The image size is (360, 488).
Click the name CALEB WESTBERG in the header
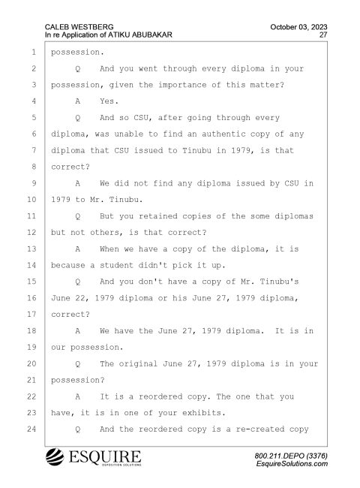point(79,27)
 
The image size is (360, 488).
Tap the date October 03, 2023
point(298,27)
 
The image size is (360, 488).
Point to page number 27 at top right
point(323,35)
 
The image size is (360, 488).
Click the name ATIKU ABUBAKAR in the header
point(140,35)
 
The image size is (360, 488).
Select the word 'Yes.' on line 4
point(109,101)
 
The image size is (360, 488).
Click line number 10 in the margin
point(31,200)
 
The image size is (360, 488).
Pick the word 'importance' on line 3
point(182,85)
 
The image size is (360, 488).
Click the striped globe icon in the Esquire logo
point(55,457)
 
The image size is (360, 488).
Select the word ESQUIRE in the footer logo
point(105,456)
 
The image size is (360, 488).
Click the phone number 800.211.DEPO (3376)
point(291,456)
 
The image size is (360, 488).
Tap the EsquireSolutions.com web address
point(292,464)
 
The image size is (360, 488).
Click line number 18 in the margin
point(31,331)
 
